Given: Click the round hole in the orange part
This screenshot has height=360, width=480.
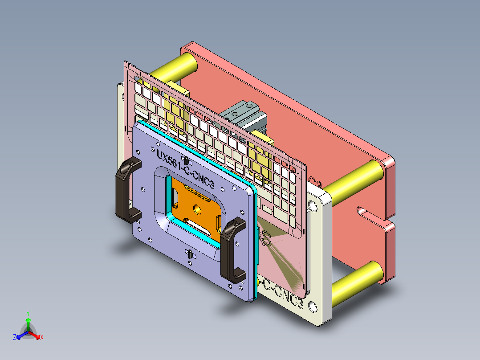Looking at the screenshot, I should coord(196,209).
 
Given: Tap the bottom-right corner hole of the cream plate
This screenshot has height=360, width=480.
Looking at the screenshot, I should coord(313,307).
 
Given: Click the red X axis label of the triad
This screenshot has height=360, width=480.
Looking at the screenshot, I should coord(42,338).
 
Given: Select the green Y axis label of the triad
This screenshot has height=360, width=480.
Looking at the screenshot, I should coord(28,313).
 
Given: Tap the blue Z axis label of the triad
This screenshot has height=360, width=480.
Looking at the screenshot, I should coord(15,338).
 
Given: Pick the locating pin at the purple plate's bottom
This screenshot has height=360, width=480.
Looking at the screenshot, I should coord(190,254).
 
